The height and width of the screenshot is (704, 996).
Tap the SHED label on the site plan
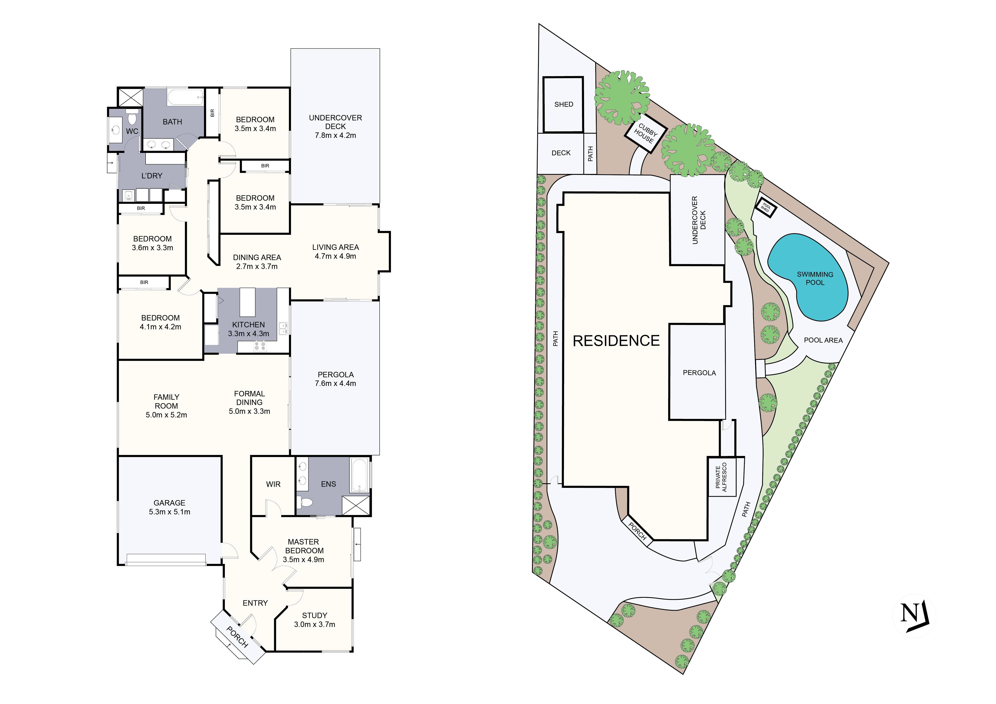tap(564, 105)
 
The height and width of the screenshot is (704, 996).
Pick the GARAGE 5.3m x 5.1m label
tap(169, 507)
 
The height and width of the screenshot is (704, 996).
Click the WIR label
tap(273, 484)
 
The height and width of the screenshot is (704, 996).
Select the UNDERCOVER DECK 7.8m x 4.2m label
tap(335, 127)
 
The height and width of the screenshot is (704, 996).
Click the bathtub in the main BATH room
tap(186, 98)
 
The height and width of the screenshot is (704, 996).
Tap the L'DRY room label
tap(152, 176)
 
